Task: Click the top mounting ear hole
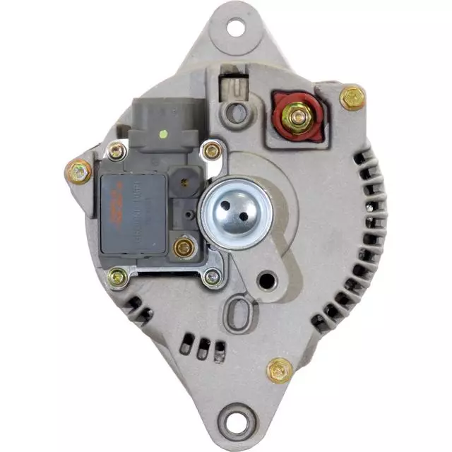[x=235, y=28]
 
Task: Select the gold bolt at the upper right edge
[x=352, y=97]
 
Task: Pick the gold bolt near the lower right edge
[x=280, y=369]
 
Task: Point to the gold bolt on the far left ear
[x=79, y=171]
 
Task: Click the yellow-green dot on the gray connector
[x=163, y=133]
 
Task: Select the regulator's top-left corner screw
[x=116, y=150]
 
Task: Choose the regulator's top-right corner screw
[x=211, y=150]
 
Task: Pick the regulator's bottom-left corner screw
[x=117, y=277]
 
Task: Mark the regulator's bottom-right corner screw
[x=211, y=278]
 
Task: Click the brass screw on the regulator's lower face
[x=184, y=247]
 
